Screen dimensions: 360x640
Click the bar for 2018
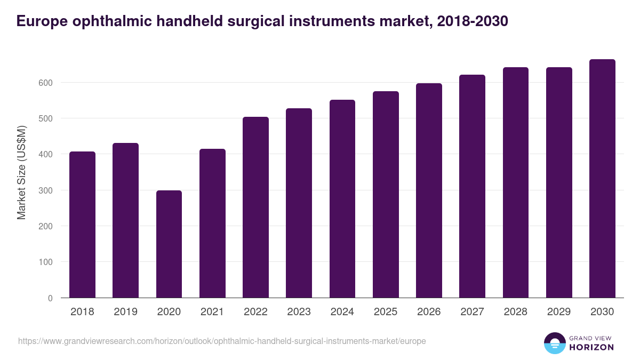coord(82,225)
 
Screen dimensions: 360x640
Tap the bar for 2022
coord(255,207)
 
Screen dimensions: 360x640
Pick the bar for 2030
coord(602,179)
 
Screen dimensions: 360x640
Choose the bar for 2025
coord(386,195)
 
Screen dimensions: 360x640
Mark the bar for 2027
coord(472,186)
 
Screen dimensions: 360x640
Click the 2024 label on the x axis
coord(342,312)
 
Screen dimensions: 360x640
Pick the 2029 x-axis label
coord(558,312)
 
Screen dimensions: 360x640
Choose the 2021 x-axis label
coord(212,312)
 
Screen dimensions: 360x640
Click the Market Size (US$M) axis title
coord(22,172)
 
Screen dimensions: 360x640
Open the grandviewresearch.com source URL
coord(222,341)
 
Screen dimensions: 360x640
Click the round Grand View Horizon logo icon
coord(555,343)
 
